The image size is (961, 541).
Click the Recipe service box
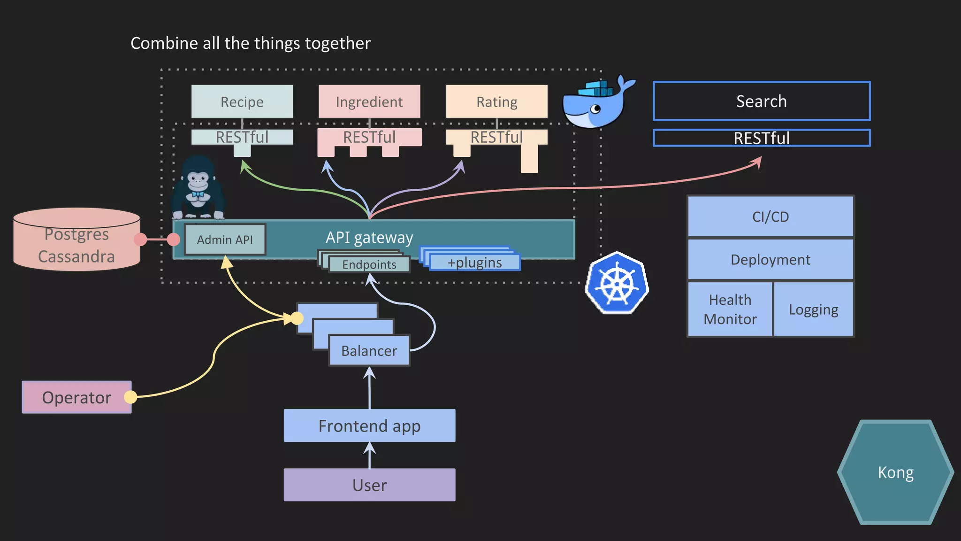(242, 101)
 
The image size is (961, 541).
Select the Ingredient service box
(369, 101)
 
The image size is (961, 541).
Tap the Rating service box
(496, 101)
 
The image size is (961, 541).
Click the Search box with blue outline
(761, 101)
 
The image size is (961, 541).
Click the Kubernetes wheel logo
(617, 283)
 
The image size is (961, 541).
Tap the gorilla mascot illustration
(198, 188)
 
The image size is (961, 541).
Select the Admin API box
(225, 240)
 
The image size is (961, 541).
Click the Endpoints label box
(369, 264)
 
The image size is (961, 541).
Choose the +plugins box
(474, 263)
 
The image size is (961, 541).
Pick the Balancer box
(369, 350)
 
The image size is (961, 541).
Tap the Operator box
(76, 397)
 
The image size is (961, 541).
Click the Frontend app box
(369, 425)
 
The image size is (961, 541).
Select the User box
(369, 485)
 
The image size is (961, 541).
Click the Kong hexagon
(895, 472)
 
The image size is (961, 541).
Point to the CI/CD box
(770, 216)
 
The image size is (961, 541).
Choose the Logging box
(813, 309)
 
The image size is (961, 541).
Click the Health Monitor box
(730, 309)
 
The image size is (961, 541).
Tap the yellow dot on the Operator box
(130, 397)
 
